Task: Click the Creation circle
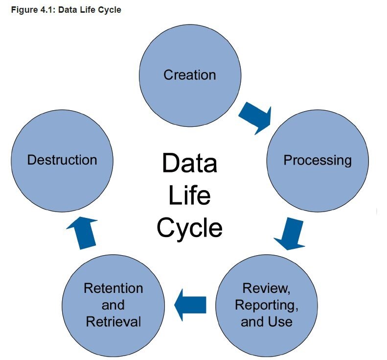[x=190, y=74]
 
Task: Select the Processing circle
[x=317, y=160]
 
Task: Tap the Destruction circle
[x=62, y=160]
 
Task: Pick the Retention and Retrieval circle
[x=113, y=305]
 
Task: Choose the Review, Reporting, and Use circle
[x=267, y=305]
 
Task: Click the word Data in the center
[x=189, y=164]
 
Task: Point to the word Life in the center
[x=189, y=195]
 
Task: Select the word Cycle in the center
[x=189, y=227]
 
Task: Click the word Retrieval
[x=113, y=321]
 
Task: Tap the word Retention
[x=113, y=288]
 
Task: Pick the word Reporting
[x=266, y=305]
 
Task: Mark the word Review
[x=267, y=288]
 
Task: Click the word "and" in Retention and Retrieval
[x=113, y=305]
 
